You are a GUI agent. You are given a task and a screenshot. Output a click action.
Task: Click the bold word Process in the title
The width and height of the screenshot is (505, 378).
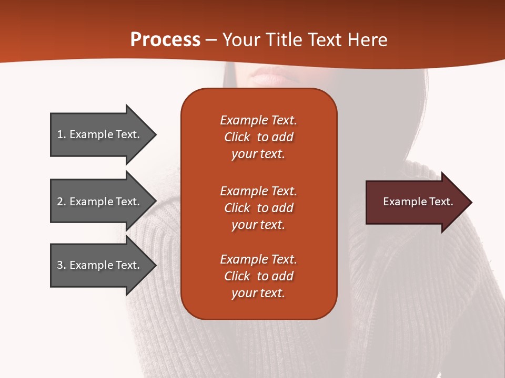[x=165, y=40]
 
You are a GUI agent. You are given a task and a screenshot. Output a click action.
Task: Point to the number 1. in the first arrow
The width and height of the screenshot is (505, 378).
[x=62, y=134]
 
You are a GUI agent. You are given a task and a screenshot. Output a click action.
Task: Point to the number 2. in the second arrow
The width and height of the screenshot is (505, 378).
[x=62, y=202]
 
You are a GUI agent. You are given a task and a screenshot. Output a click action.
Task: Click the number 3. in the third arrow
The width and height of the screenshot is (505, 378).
[x=62, y=265]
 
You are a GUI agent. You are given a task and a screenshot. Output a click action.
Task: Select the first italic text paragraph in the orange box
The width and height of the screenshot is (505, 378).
[x=258, y=137]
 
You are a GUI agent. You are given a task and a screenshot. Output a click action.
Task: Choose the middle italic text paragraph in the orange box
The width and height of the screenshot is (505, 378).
[x=258, y=208]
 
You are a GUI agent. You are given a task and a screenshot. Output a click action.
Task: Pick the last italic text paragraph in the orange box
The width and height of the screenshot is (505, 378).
[x=258, y=276]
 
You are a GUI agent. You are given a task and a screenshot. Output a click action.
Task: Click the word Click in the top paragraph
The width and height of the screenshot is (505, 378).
[x=237, y=137]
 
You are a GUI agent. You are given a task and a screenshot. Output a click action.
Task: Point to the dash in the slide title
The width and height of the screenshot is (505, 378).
[x=211, y=40]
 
